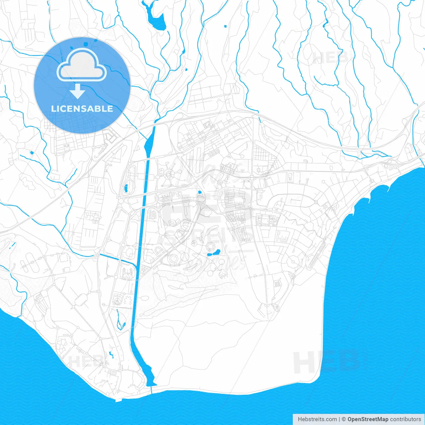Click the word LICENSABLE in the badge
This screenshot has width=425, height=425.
82,109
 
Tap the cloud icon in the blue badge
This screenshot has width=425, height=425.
82,65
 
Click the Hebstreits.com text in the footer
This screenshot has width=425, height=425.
317,419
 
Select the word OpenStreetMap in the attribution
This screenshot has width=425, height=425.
368,419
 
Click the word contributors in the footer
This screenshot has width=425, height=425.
405,419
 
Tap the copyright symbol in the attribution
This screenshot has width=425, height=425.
344,419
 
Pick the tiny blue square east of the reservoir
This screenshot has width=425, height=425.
225,26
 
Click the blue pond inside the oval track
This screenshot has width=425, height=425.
126,188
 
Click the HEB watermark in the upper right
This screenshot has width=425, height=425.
330,58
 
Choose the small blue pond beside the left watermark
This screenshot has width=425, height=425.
111,355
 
